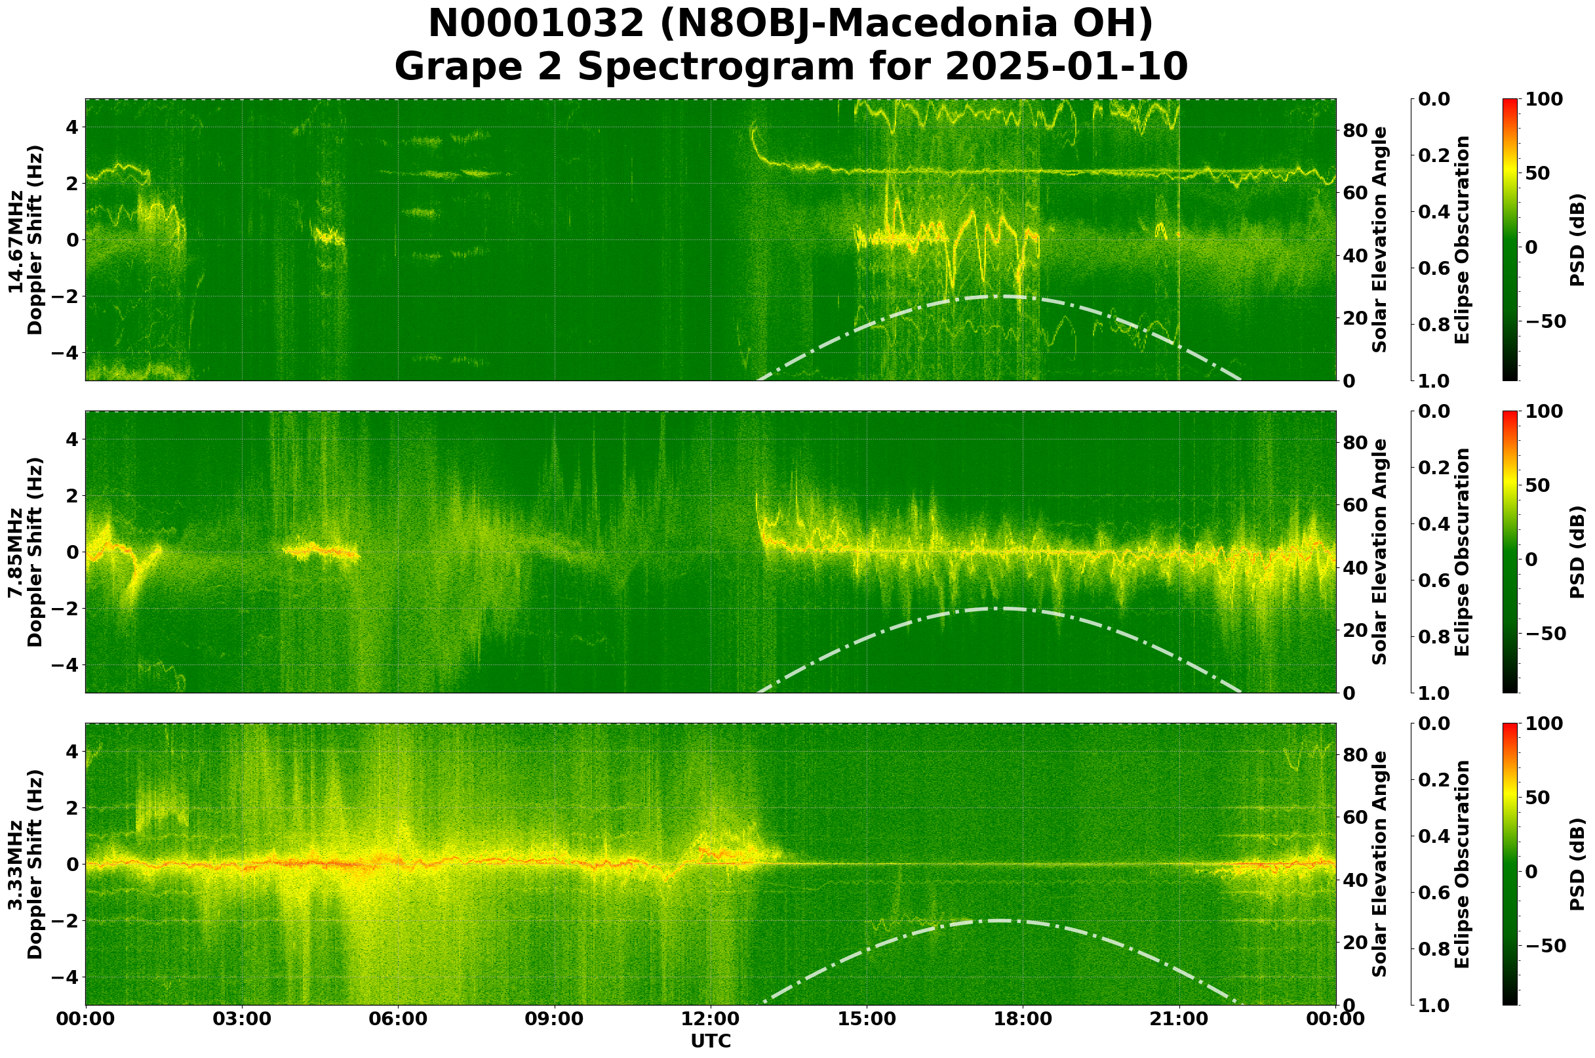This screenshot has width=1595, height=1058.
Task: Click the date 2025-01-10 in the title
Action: pos(1065,67)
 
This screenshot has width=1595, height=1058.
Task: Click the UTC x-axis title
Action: pos(710,1040)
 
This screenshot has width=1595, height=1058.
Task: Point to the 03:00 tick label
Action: pos(241,1019)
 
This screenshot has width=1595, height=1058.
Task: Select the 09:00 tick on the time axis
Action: pos(555,1019)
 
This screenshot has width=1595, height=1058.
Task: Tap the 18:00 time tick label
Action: pos(1023,1019)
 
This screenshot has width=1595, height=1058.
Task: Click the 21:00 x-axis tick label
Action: pos(1179,1019)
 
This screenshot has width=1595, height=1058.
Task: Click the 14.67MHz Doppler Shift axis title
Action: pos(26,239)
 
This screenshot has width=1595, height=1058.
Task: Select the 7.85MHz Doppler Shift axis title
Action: pos(26,552)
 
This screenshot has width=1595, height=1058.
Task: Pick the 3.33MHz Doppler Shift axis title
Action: pos(26,864)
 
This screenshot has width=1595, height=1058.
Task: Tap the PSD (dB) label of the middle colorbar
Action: pos(1577,552)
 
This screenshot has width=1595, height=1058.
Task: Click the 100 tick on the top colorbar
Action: pos(1544,100)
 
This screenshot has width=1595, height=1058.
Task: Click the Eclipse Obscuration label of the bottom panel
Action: pos(1462,864)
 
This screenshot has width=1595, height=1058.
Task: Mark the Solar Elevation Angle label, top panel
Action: pos(1380,239)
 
